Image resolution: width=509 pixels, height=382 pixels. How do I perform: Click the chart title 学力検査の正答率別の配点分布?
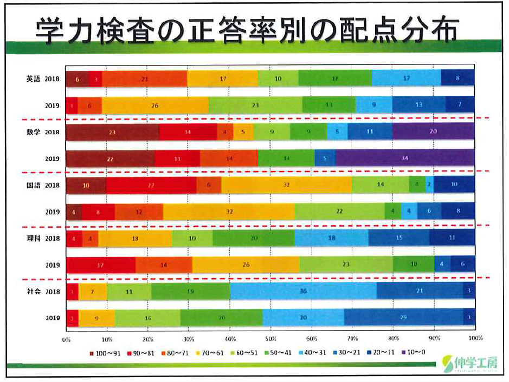pos(247,31)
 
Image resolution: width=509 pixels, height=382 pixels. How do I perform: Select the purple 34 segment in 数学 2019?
pos(404,159)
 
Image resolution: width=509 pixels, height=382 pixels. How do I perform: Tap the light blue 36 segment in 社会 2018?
pos(303,291)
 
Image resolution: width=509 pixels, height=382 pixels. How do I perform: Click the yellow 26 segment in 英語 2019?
pos(155,105)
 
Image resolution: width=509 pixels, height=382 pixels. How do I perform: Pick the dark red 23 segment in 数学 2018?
pos(112,131)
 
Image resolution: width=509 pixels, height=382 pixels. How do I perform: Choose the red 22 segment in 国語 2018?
pos(151,185)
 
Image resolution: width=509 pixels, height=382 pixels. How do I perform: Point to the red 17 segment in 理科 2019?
pos(101,265)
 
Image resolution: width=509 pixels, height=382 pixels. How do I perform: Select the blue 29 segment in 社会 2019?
pos(403,318)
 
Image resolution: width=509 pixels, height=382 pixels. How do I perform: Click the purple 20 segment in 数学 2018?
pos(433,131)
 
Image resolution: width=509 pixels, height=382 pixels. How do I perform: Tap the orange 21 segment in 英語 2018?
pos(144,78)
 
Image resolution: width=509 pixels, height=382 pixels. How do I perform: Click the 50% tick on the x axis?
pos(270,339)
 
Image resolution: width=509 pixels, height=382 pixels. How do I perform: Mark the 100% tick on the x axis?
pos(475,339)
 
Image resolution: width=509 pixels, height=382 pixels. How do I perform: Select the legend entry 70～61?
pos(209,353)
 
